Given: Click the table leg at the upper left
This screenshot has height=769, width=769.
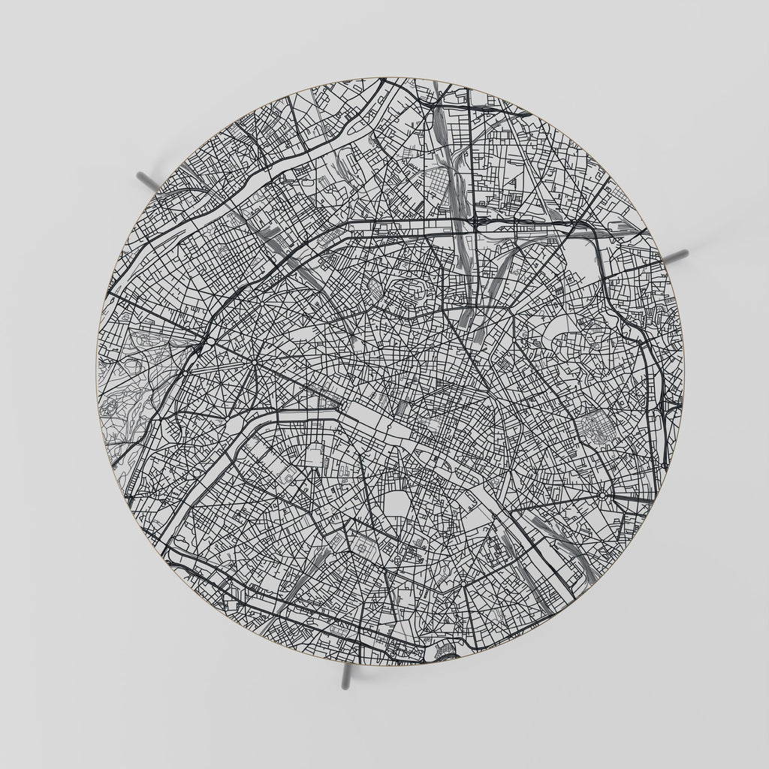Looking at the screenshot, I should pos(146,179).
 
